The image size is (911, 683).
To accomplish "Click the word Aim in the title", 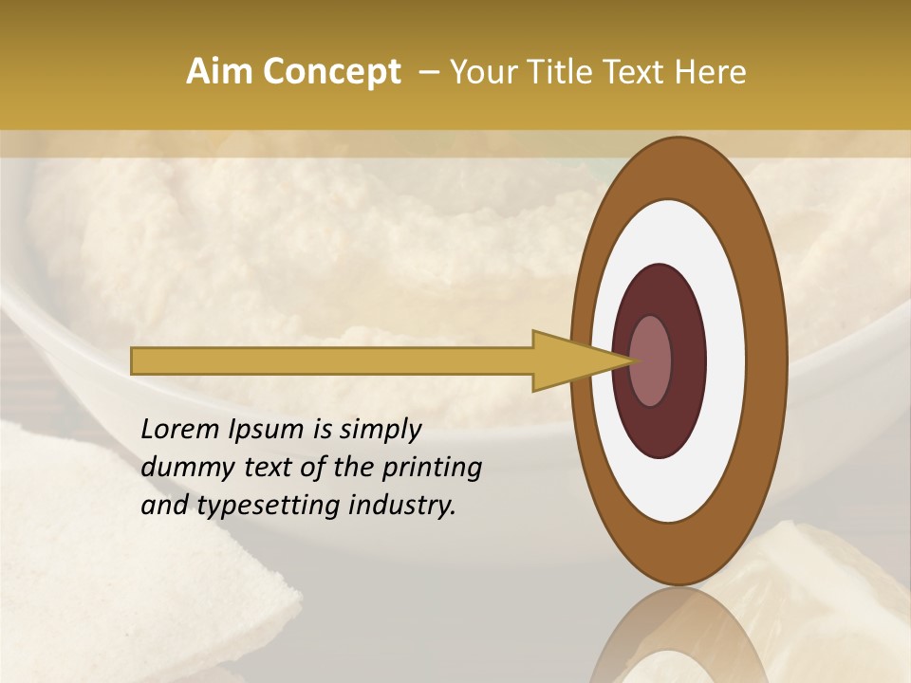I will pos(215,72).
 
